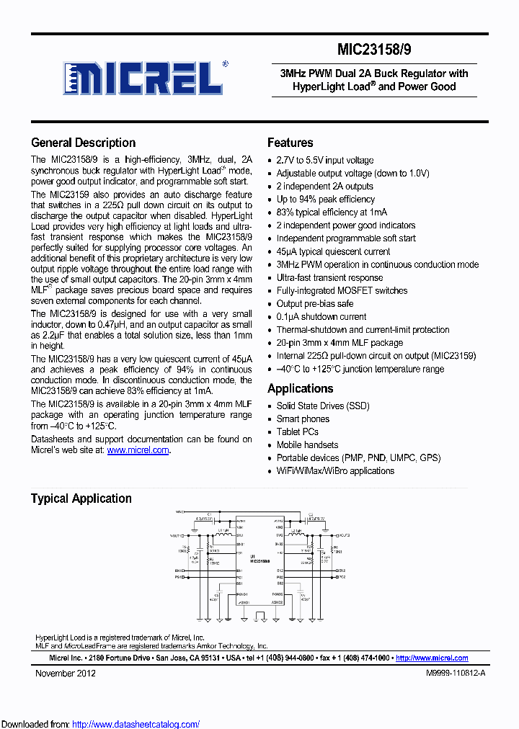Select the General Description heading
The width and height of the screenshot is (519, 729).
83,143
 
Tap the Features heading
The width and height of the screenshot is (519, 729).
290,143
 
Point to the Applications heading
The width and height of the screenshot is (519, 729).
300,388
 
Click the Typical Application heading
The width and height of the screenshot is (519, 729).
81,498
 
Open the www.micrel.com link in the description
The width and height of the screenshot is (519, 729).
139,450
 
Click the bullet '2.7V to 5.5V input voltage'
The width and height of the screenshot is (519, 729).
324,160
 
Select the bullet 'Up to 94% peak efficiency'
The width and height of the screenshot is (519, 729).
325,199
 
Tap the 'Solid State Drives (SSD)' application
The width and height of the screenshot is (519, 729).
322,406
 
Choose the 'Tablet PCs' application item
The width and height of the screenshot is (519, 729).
297,431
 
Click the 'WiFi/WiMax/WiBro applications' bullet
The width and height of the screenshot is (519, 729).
335,470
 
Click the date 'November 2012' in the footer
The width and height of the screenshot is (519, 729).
66,674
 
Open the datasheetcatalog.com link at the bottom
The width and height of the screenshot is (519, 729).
136,724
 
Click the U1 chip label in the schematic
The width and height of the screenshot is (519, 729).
252,557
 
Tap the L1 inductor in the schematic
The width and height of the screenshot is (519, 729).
223,535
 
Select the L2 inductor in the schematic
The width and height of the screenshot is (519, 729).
296,535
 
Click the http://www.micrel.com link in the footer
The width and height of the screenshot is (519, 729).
432,658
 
